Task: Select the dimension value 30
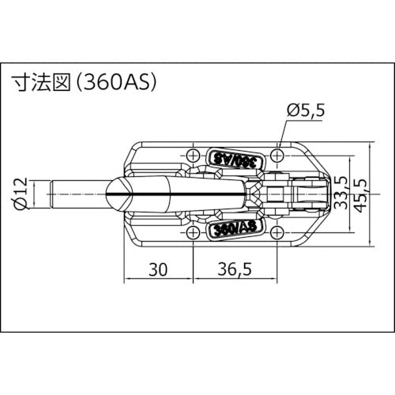click(158, 269)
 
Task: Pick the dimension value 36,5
click(234, 269)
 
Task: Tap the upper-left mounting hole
click(196, 153)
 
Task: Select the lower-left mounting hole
click(196, 234)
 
